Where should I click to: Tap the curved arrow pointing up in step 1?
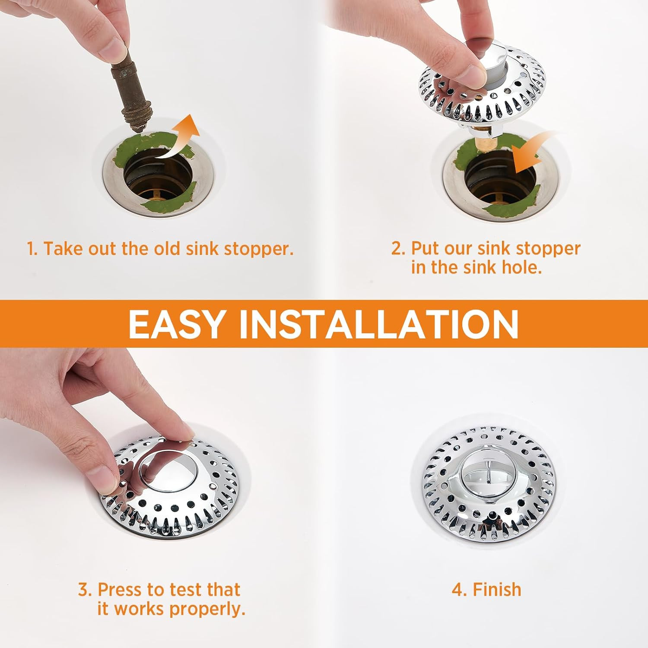pos(179,138)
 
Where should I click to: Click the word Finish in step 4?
pos(497,590)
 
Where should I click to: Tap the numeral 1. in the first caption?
pos(32,249)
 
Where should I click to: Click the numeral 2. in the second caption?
pos(398,248)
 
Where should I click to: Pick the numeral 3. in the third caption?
pos(85,590)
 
